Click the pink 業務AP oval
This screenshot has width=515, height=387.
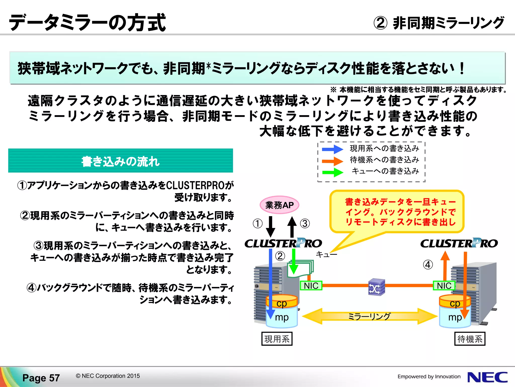click(x=279, y=205)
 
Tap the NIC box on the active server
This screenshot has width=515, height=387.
click(x=311, y=286)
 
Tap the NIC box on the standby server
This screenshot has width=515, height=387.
click(x=444, y=286)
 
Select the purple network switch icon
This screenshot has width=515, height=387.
click(x=376, y=287)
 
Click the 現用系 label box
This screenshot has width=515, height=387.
click(x=277, y=339)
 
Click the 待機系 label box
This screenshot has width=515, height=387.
click(x=470, y=339)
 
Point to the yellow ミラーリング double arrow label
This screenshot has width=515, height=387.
click(x=369, y=316)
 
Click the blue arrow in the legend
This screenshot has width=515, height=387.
click(x=332, y=149)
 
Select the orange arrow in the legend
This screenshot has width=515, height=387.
click(x=332, y=161)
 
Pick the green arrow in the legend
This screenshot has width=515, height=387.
click(x=332, y=172)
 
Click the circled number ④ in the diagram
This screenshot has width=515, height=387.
click(x=428, y=265)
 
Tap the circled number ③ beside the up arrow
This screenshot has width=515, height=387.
click(x=305, y=223)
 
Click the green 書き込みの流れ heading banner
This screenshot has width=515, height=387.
click(x=120, y=161)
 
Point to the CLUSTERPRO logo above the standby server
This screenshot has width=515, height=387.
click(x=459, y=243)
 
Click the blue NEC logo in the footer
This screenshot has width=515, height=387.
click(x=487, y=377)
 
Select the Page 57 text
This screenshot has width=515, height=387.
click(x=41, y=378)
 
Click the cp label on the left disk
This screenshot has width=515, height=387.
click(x=282, y=303)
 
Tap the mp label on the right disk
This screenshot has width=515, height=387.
click(x=455, y=317)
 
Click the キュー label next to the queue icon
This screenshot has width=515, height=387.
click(x=326, y=254)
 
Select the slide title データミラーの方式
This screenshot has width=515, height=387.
click(x=87, y=23)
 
